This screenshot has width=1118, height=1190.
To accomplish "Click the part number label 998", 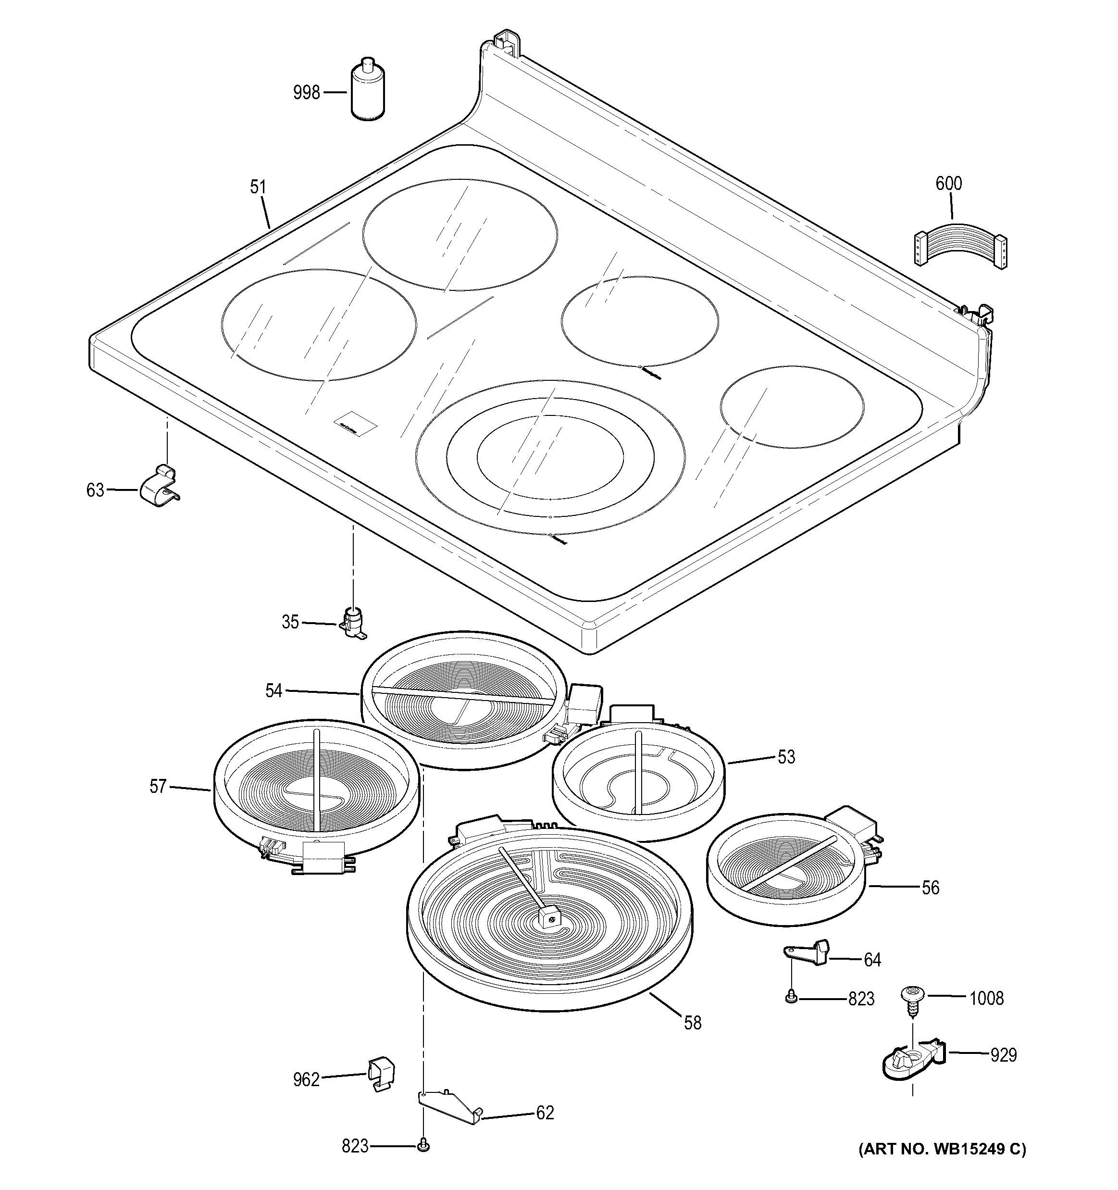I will pos(307,93).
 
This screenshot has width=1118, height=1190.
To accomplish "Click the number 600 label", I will pos(949,184).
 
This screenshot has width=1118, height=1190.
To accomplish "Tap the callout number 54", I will pos(273,691).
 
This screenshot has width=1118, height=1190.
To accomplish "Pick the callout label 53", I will pos(786,757).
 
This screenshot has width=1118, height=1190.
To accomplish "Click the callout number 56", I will pos(930,887).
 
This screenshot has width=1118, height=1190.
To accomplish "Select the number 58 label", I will pos(693,1022).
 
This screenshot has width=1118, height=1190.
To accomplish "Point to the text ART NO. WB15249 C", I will pos(942,1149).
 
